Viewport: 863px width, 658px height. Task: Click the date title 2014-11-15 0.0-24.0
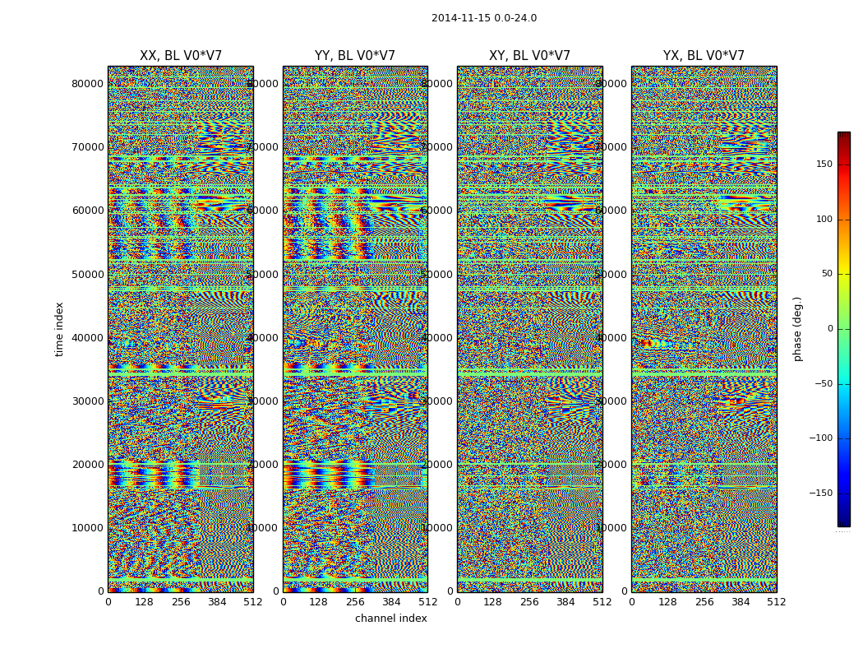(x=483, y=18)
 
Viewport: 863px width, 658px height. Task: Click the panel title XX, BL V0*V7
(x=181, y=56)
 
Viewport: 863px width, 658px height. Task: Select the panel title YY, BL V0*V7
(x=355, y=56)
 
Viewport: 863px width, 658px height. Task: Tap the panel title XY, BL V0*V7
(x=529, y=56)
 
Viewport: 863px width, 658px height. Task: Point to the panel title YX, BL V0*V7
(x=704, y=56)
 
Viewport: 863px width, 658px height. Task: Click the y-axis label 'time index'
(x=59, y=328)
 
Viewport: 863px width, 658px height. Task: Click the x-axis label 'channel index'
(x=391, y=619)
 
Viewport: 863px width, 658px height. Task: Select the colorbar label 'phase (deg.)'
(x=797, y=328)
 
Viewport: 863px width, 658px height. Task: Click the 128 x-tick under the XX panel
(x=145, y=602)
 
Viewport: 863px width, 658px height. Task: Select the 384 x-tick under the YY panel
(x=391, y=602)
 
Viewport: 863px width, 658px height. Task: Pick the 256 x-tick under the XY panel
(x=529, y=602)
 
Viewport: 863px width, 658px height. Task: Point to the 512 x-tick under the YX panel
(x=776, y=602)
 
